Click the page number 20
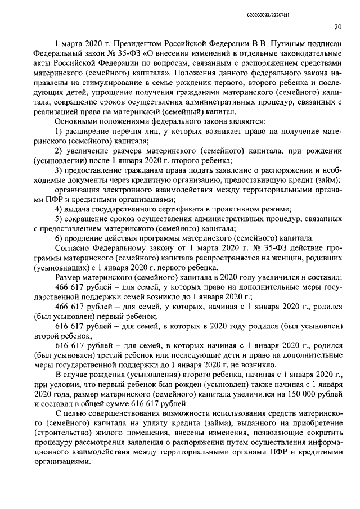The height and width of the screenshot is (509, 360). (x=338, y=26)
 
